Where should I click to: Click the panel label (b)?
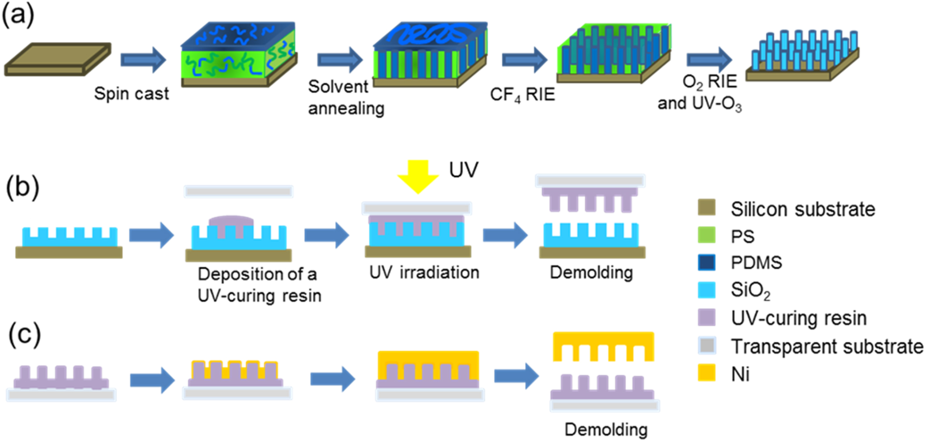(22, 187)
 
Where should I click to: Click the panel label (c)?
(25, 335)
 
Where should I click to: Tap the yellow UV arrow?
(418, 175)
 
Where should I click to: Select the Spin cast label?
(131, 94)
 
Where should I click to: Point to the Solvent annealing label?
(346, 97)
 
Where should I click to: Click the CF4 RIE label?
(522, 95)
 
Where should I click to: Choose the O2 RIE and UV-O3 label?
(700, 92)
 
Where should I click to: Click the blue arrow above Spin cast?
(143, 59)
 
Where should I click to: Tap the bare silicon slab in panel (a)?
(57, 59)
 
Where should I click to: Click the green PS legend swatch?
(706, 235)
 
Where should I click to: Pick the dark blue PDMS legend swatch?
(706, 262)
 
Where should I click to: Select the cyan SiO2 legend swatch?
(706, 290)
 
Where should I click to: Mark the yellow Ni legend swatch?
(706, 373)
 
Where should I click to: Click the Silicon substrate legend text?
(803, 209)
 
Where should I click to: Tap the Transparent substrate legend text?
(827, 346)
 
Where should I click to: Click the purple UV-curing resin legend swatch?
(706, 317)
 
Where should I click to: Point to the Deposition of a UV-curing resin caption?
(259, 285)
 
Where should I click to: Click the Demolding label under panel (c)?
(606, 429)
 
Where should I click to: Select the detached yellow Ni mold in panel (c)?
(603, 344)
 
